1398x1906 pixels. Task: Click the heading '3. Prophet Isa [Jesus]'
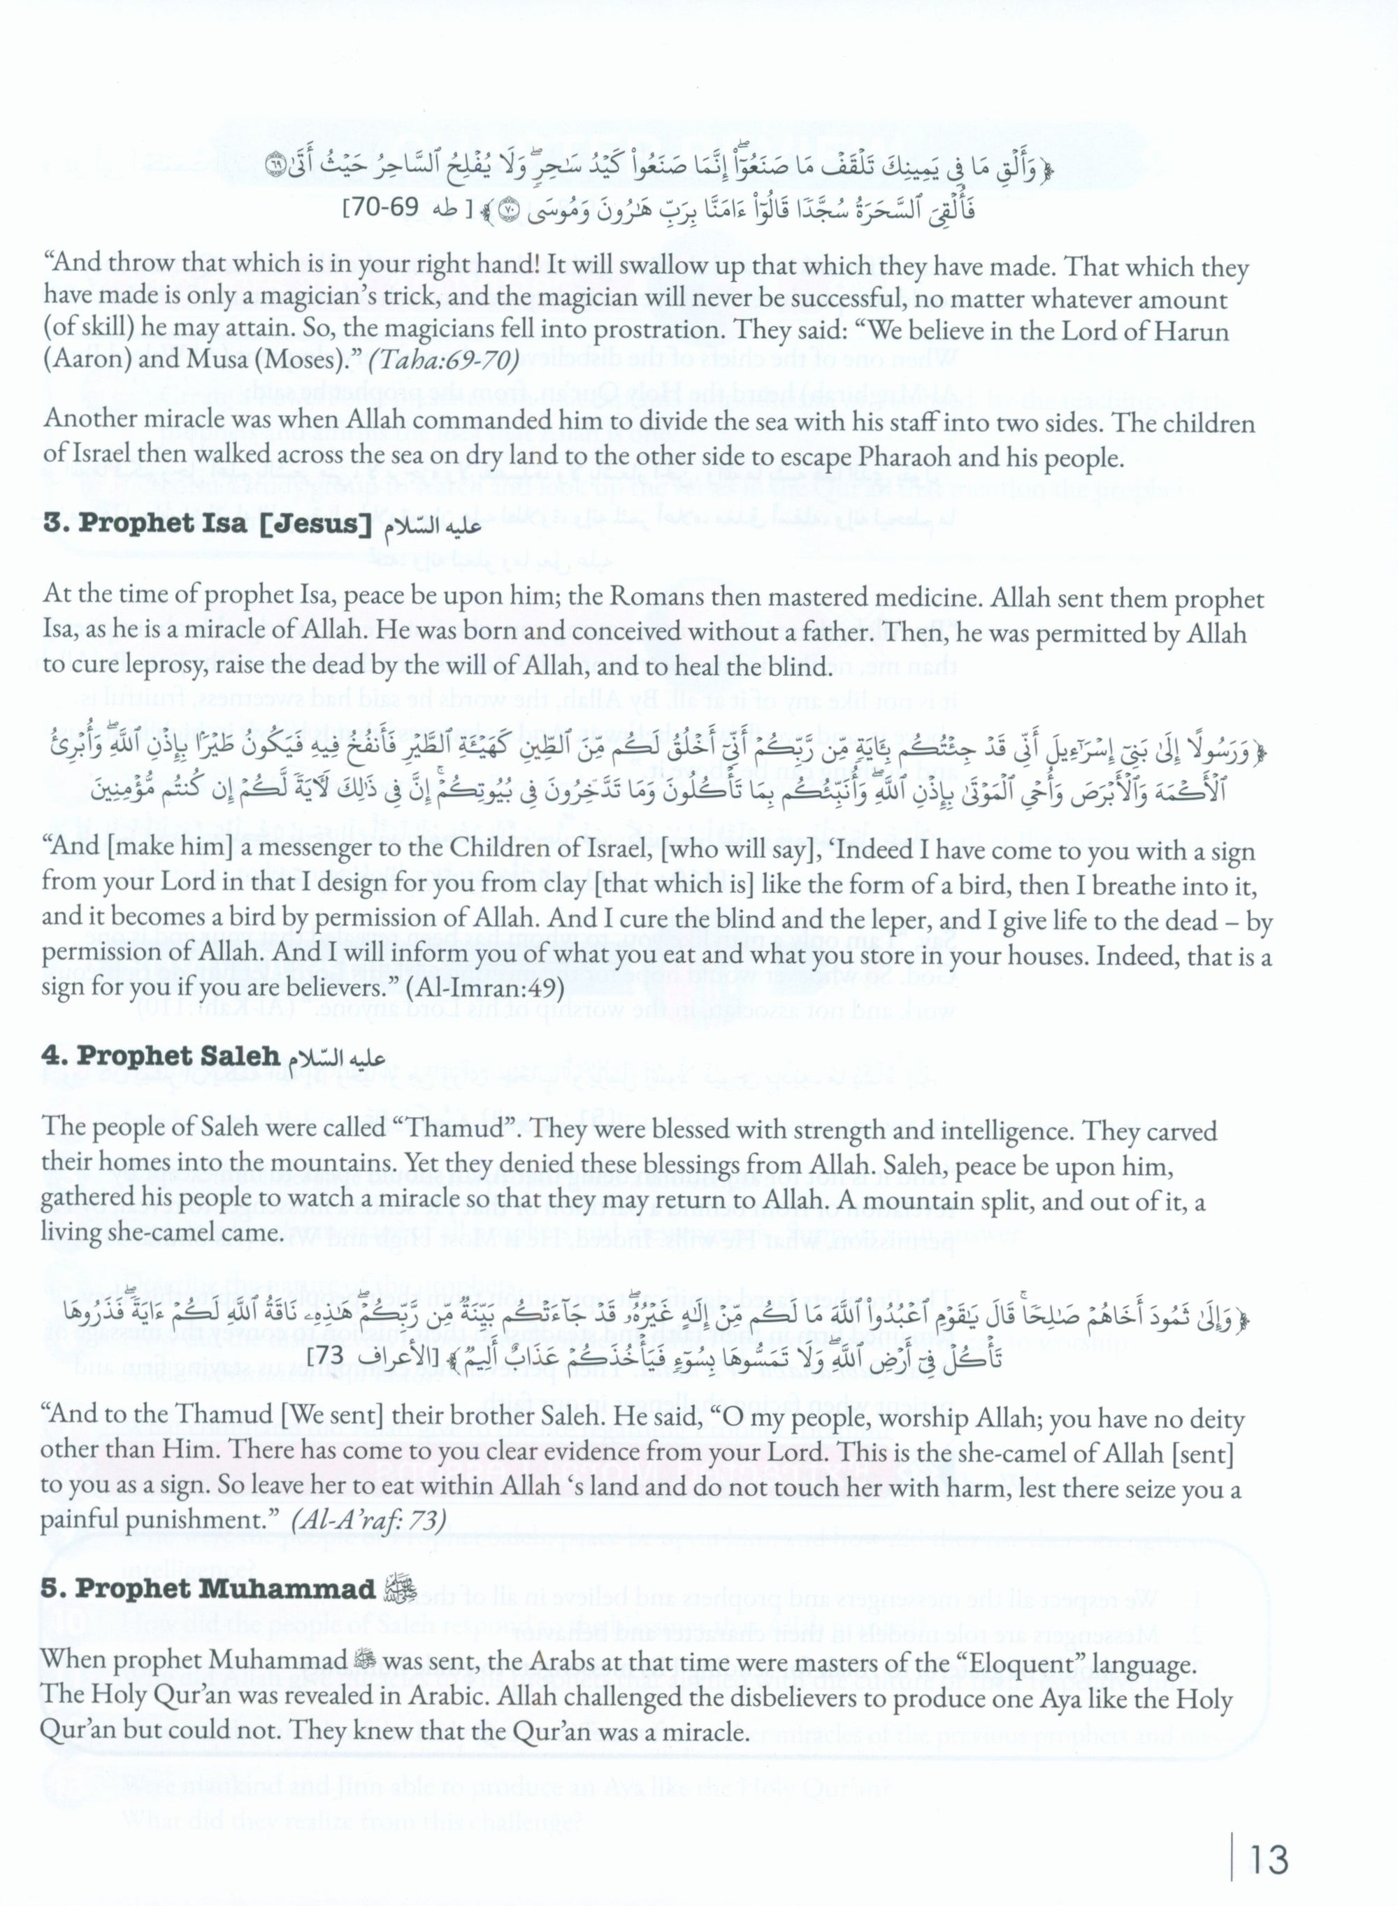[208, 524]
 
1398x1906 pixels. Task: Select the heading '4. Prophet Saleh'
[161, 1057]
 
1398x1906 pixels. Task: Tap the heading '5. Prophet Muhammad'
[208, 1589]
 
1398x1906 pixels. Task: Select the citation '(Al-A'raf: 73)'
[367, 1520]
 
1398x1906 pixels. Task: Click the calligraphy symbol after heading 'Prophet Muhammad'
[395, 1589]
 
